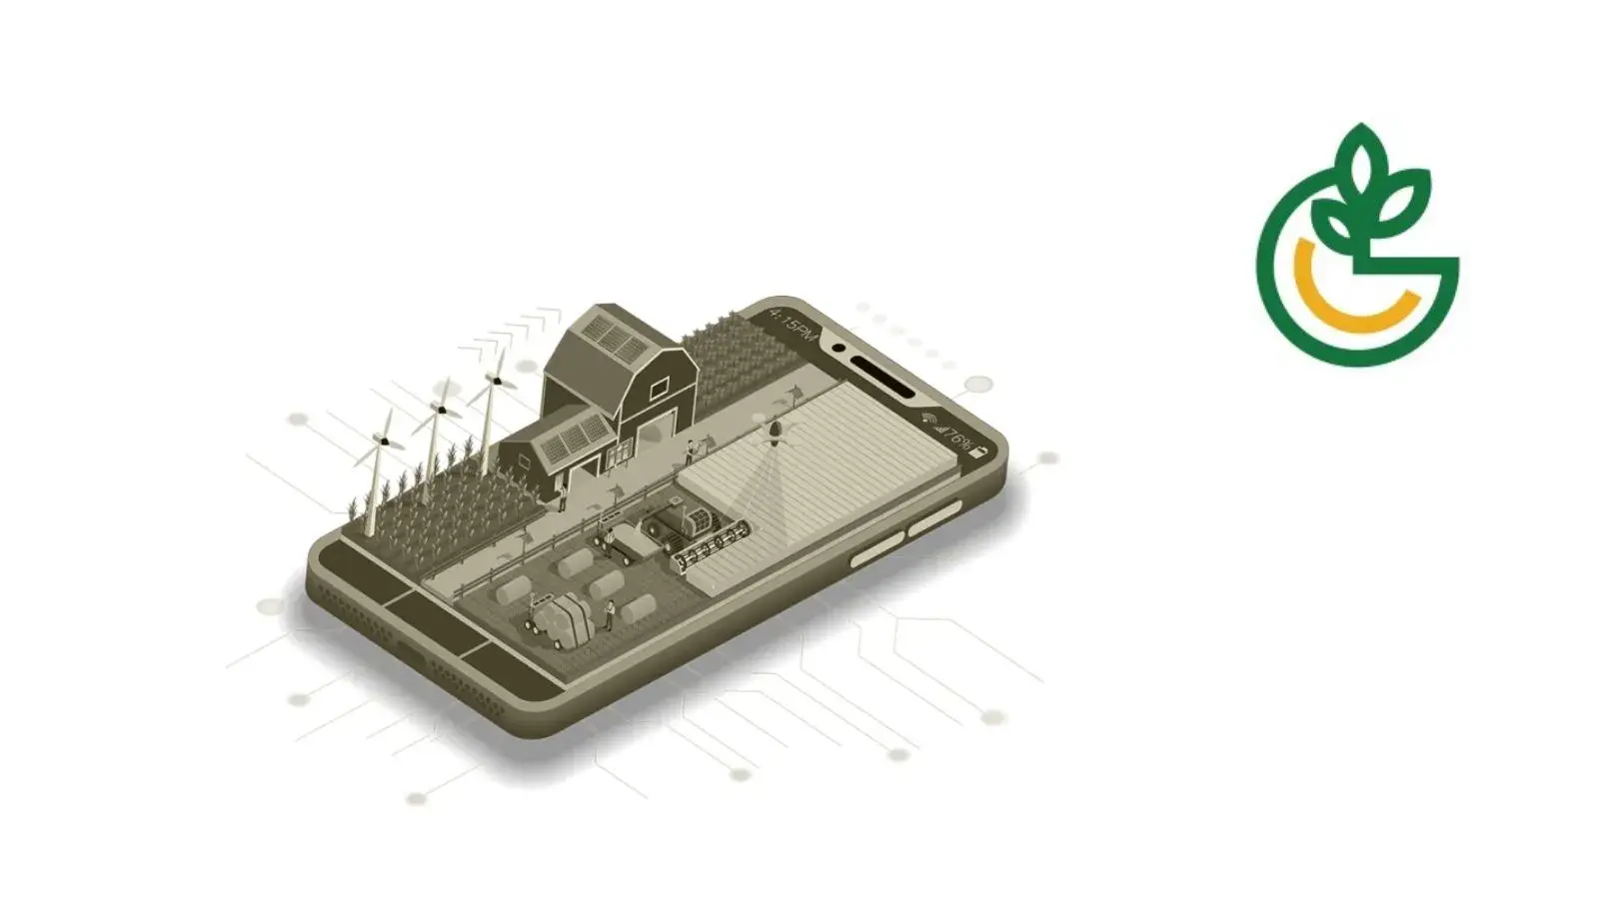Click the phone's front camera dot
point(839,349)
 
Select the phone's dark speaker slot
point(882,376)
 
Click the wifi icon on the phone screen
point(928,419)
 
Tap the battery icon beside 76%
point(980,452)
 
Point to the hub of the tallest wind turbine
point(494,380)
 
